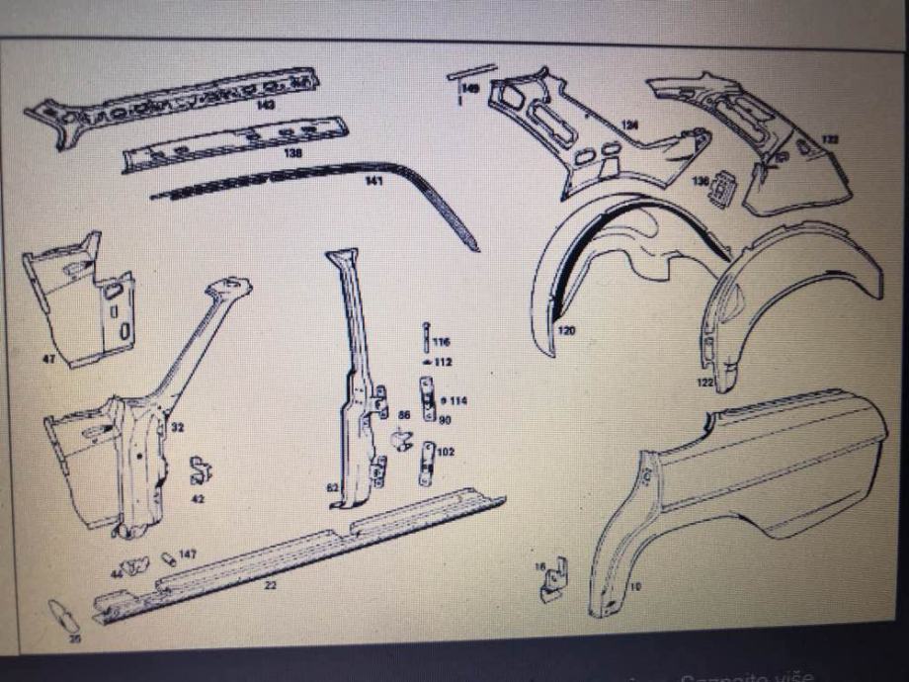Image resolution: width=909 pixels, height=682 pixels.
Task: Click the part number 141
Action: point(373,181)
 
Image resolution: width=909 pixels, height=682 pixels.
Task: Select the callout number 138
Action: point(292,153)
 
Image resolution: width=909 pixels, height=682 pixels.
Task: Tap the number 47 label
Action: point(49,359)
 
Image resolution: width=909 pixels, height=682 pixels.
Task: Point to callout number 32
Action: point(177,428)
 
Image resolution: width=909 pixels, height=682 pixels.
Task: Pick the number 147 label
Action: point(187,554)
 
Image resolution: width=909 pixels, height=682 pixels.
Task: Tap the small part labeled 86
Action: point(402,440)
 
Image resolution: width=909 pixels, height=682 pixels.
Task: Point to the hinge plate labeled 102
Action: point(427,463)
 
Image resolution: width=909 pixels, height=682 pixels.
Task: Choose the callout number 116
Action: point(441,341)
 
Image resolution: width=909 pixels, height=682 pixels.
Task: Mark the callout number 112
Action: point(443,362)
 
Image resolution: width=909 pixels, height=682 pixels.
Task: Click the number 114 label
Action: point(458,400)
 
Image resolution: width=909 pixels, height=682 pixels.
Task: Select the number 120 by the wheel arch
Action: point(566,330)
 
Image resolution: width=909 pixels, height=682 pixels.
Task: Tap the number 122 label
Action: point(704,382)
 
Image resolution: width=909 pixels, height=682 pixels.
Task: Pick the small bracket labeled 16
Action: point(551,582)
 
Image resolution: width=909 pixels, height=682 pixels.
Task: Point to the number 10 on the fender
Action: point(634,587)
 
